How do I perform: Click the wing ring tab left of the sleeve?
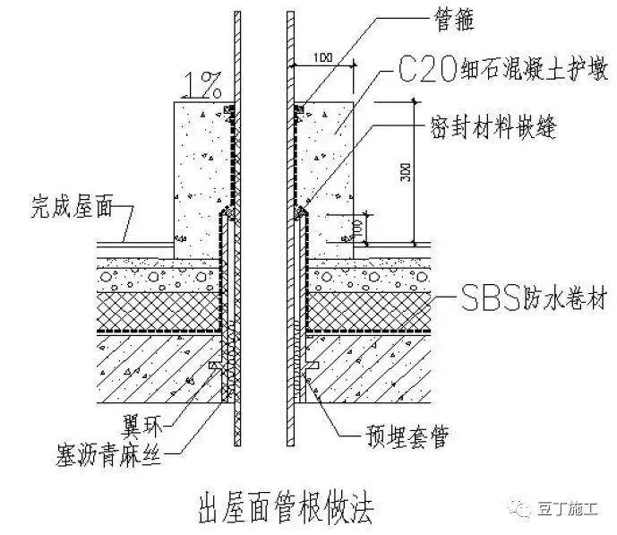click(x=215, y=367)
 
